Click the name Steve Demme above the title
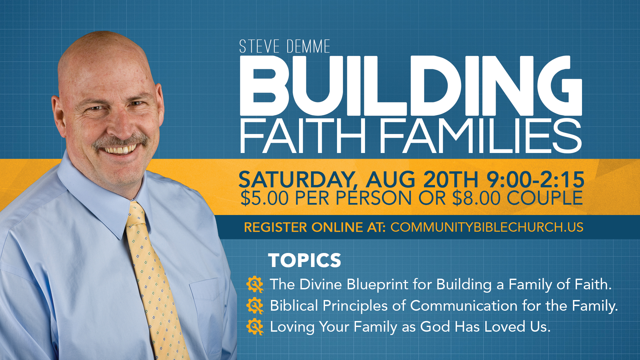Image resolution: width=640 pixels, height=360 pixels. (284, 47)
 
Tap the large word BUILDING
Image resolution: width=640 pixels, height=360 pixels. (411, 86)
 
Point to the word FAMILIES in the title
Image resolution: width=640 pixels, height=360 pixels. (481, 136)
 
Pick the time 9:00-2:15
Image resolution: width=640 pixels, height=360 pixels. (535, 180)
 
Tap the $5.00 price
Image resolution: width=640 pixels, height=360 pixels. (264, 198)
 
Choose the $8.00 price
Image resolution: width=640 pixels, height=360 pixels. (476, 198)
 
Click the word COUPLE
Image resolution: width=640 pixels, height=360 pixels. (545, 198)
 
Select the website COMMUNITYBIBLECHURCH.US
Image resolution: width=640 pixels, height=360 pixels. (487, 227)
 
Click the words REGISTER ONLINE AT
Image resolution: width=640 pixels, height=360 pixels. (315, 227)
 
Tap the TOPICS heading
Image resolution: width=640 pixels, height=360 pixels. (305, 260)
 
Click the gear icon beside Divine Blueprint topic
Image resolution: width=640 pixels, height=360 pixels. (255, 284)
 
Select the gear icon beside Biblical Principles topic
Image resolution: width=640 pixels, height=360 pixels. (255, 306)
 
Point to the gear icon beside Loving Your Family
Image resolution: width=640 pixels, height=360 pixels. (255, 327)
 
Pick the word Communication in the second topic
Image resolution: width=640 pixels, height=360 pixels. (463, 306)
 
